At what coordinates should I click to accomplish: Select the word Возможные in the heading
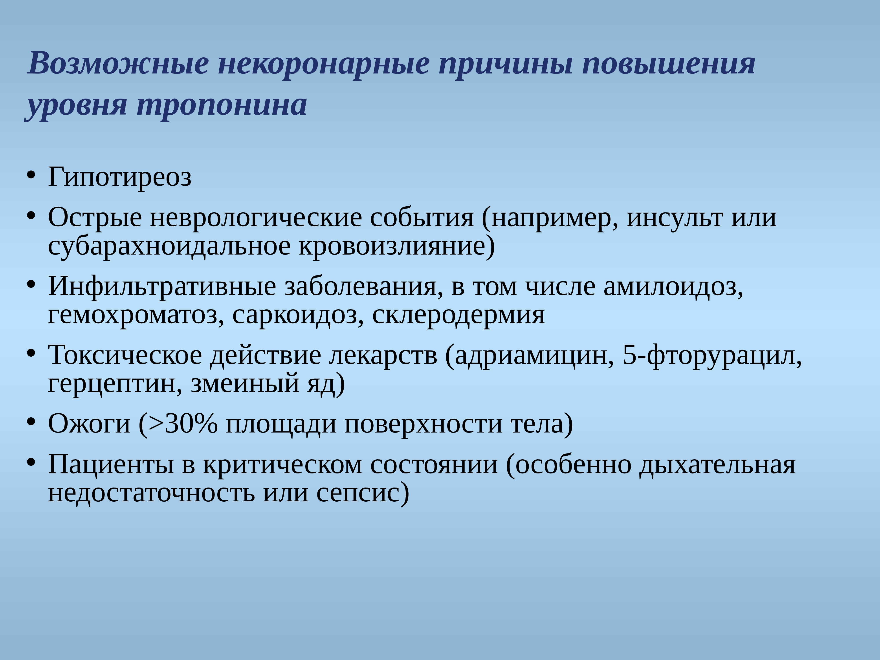pos(118,64)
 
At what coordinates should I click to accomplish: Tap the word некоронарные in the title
pos(323,64)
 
